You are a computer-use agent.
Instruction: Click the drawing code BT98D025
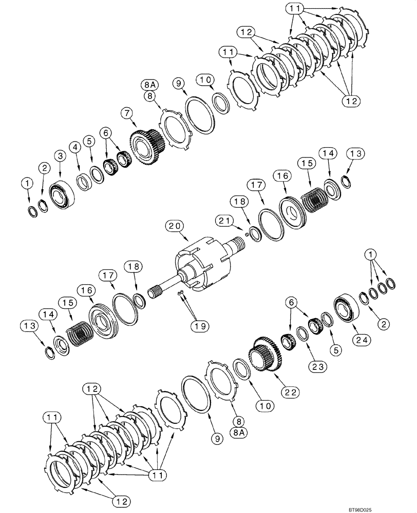[393, 507]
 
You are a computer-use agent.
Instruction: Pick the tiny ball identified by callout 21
[246, 235]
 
